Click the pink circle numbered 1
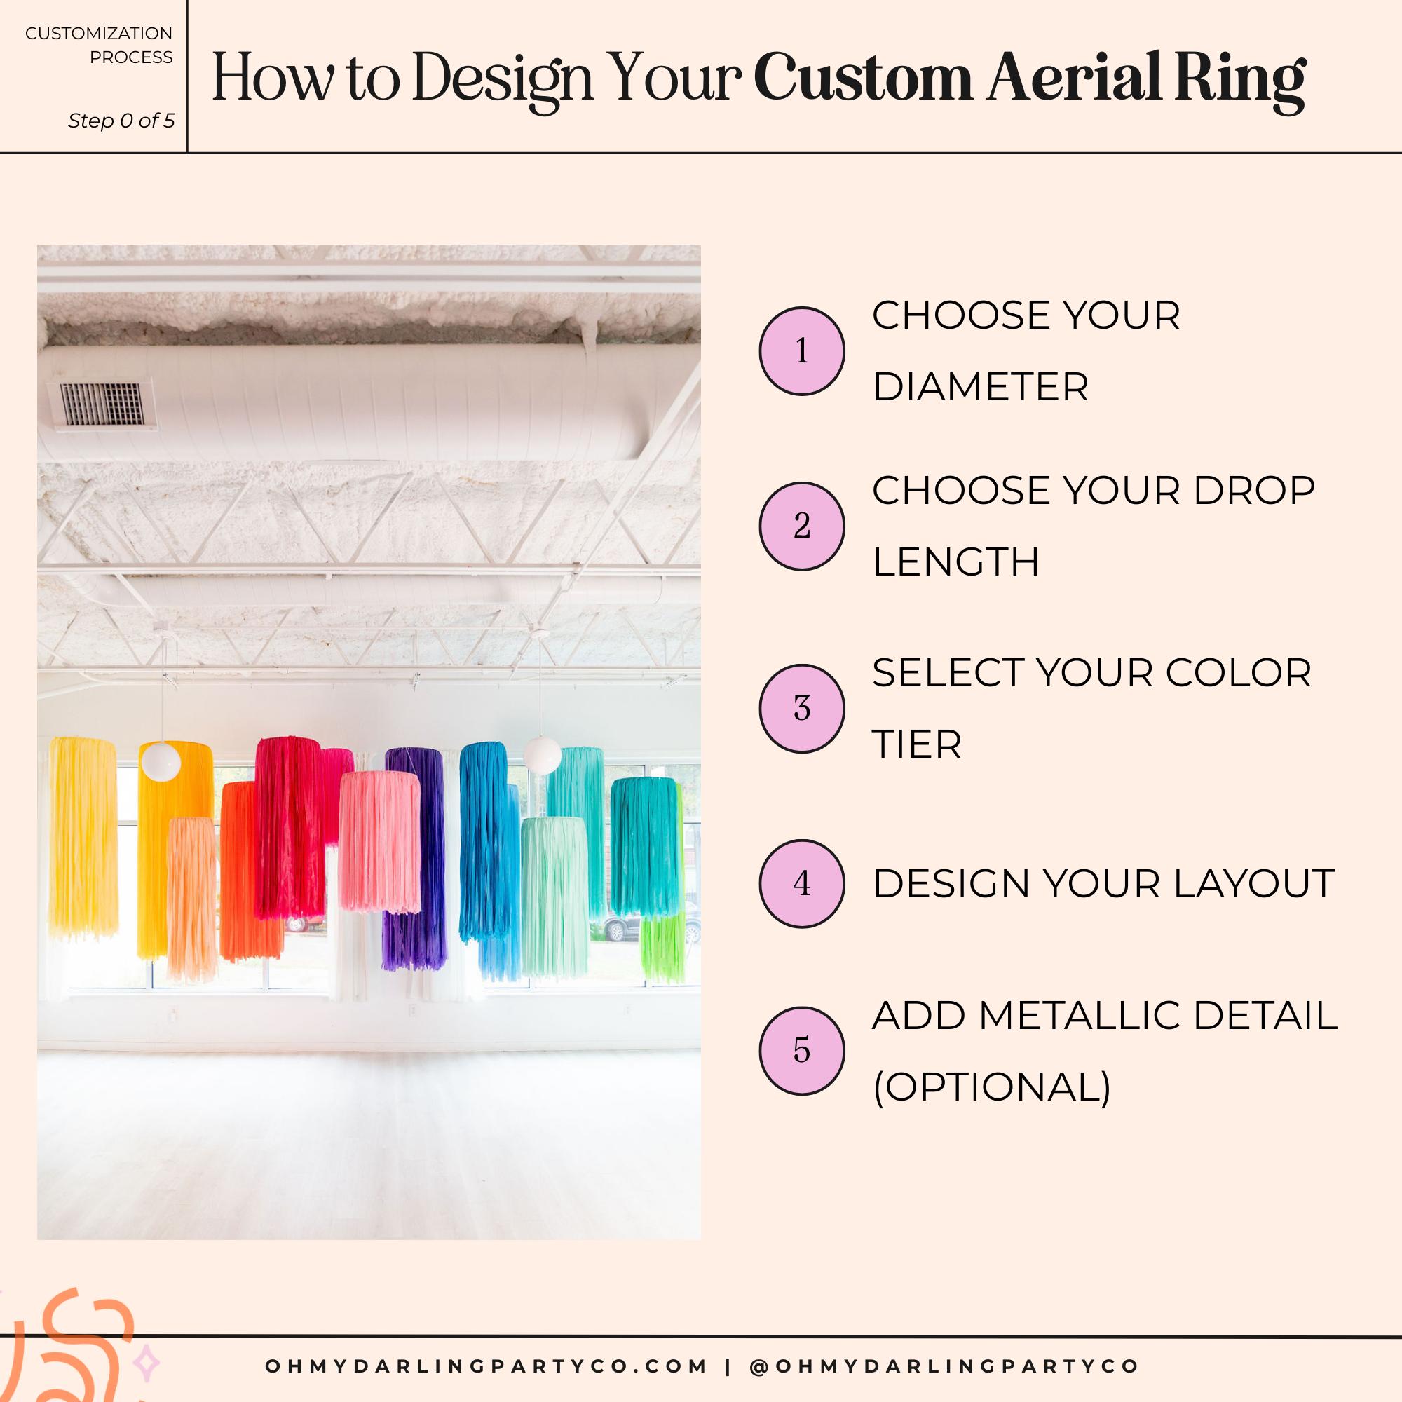pos(802,351)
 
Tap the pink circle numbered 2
pos(802,526)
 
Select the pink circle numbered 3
pos(802,708)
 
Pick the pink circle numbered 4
pos(802,883)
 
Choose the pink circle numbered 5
pos(802,1050)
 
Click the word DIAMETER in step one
pos(981,387)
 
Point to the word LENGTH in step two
pos(955,562)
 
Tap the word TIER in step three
pos(916,744)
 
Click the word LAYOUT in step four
pos(1254,884)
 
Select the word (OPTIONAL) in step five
pos(992,1087)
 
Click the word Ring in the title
pos(1240,79)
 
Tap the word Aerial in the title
pos(1073,77)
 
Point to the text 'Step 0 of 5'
pos(121,121)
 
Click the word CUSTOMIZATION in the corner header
pos(99,34)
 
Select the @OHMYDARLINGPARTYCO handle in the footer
pos(944,1366)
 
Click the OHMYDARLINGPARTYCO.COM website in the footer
pos(486,1366)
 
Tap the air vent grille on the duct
pos(102,404)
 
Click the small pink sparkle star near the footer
pos(147,1363)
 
